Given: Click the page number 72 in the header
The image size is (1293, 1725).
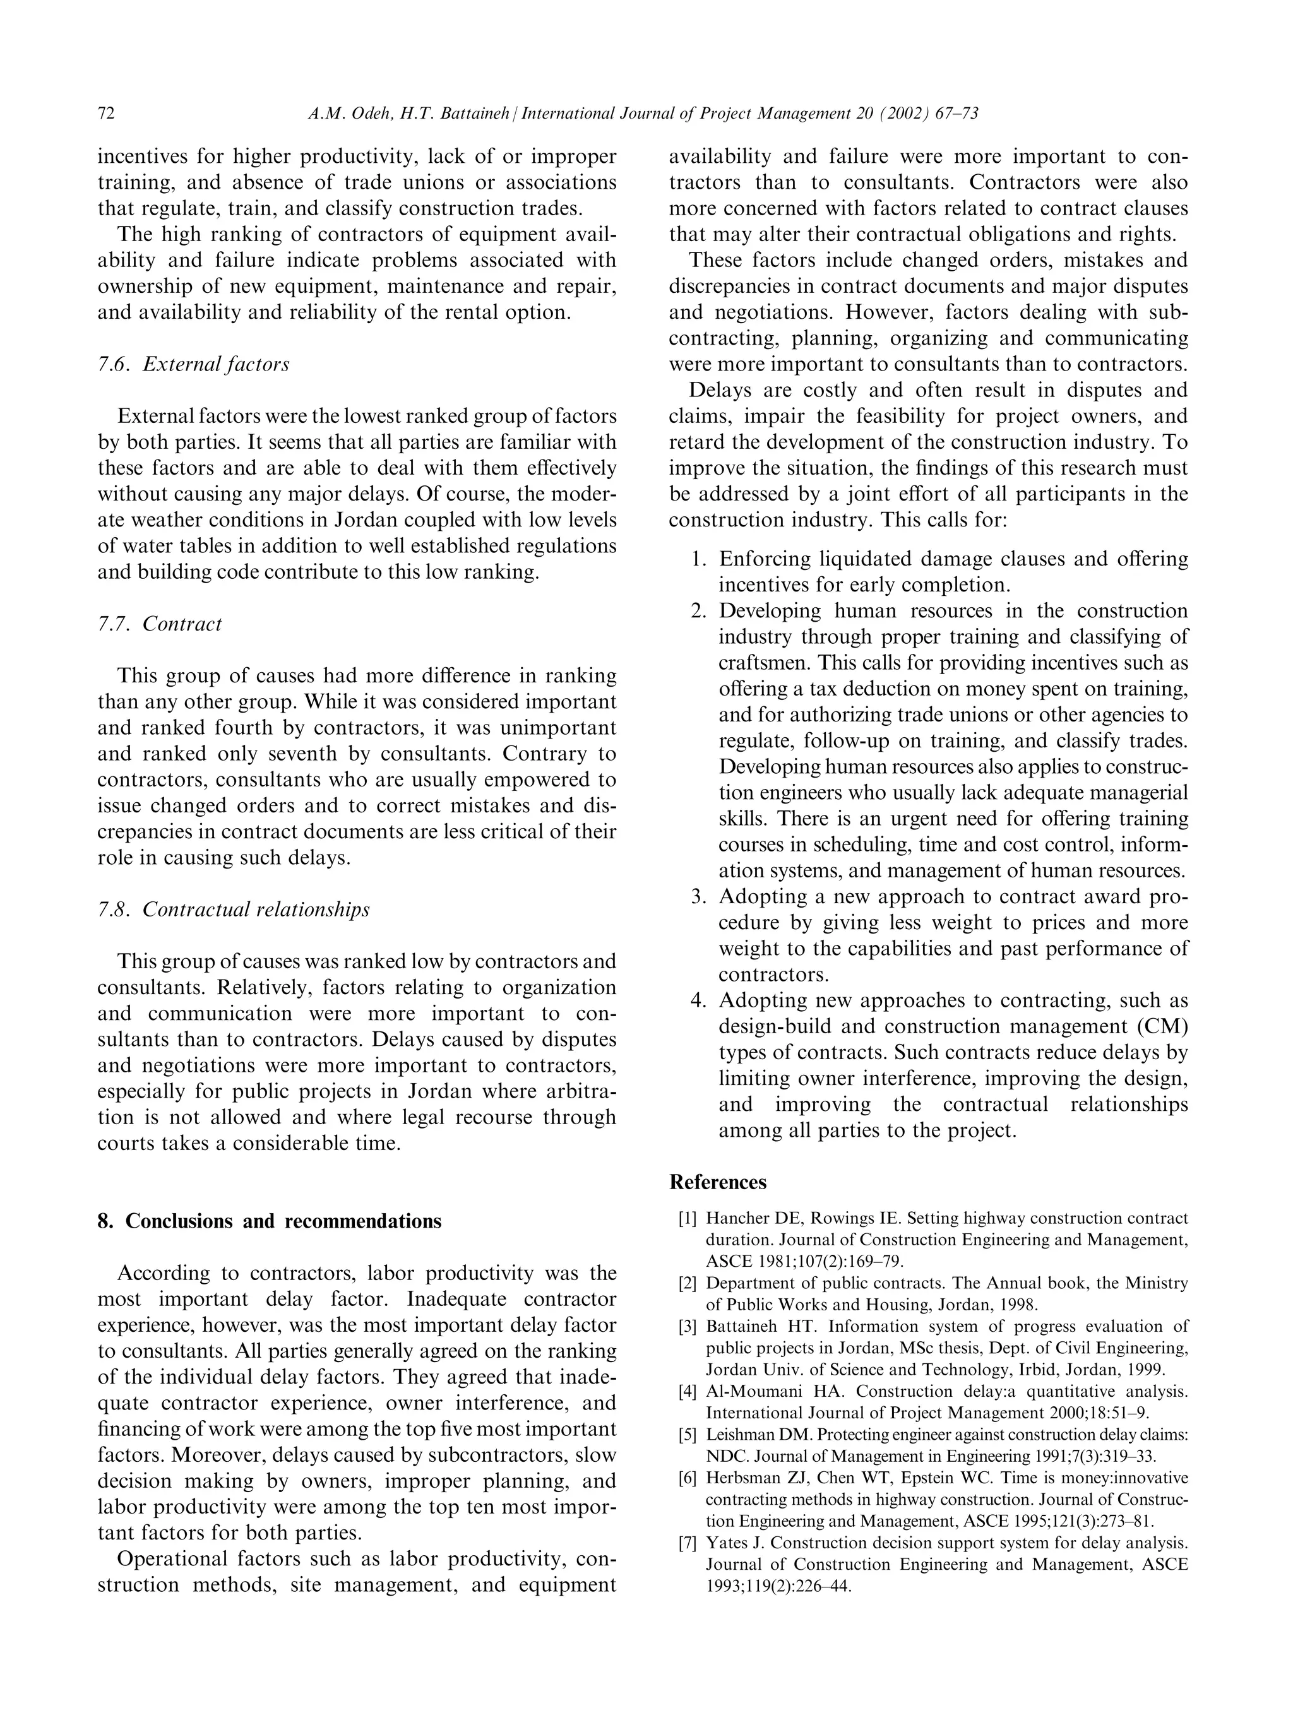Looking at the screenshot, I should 106,114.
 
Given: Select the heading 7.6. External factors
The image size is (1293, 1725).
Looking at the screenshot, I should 193,364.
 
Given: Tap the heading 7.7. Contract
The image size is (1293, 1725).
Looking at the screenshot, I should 160,624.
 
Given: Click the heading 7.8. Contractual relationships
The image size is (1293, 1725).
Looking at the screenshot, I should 233,910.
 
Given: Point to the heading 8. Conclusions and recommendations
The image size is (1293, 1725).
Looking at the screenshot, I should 269,1221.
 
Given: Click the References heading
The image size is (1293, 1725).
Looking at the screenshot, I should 717,1182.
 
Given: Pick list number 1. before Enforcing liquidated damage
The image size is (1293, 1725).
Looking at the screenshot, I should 700,559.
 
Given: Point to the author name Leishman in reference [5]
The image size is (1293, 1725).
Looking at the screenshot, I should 740,1434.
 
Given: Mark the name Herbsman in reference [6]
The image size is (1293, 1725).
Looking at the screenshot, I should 740,1478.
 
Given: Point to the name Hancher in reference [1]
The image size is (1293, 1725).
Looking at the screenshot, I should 736,1218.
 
